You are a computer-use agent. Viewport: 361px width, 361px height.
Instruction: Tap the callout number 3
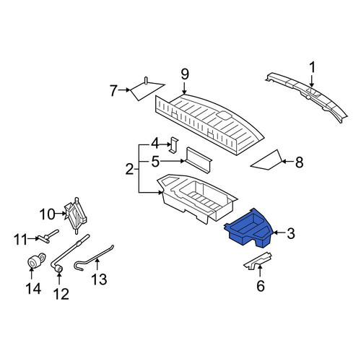291,233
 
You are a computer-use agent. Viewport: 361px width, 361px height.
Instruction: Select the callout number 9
185,74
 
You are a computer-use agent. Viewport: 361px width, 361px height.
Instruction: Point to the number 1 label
312,67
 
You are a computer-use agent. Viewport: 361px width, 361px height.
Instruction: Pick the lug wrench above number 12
69,253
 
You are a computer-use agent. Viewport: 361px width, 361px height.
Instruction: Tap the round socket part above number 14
35,261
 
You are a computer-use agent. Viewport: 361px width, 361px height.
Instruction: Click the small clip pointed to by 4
174,145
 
